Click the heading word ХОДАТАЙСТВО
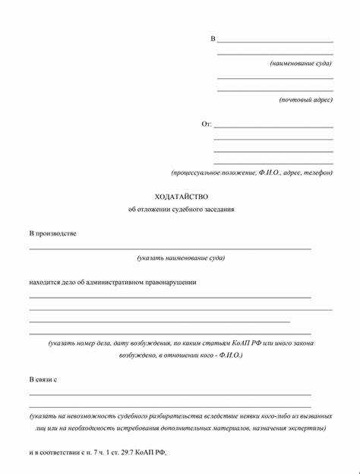(x=181, y=195)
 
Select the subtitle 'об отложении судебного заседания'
(x=182, y=209)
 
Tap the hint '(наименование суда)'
(x=301, y=63)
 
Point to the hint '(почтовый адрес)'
(x=305, y=100)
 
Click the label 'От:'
(x=206, y=124)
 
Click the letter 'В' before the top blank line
(x=213, y=38)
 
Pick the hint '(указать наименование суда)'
(x=181, y=258)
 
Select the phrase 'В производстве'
(x=52, y=233)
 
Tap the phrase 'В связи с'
(x=44, y=378)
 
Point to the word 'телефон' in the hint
(x=317, y=172)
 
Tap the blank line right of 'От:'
(x=273, y=127)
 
